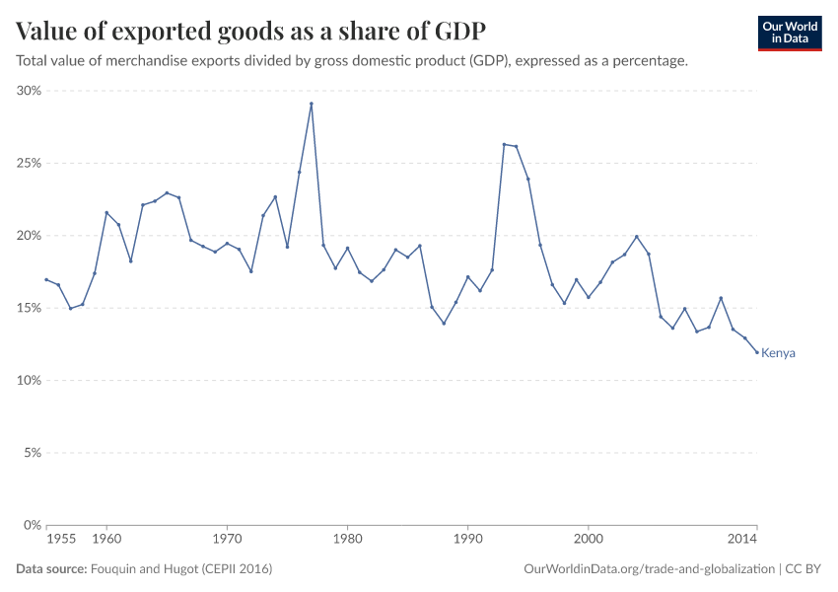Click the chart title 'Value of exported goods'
coord(250,30)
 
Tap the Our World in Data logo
coord(789,33)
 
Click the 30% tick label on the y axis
coord(28,91)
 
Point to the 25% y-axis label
coord(28,163)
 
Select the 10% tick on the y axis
coord(28,381)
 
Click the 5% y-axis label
coord(31,453)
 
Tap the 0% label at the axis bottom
coord(31,525)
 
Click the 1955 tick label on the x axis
coord(60,540)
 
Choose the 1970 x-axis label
coord(227,540)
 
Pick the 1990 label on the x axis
coord(467,540)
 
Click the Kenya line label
coord(778,353)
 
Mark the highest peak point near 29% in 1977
coord(312,104)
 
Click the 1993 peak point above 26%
coord(504,144)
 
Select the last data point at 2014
coord(757,352)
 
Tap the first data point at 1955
coord(46,279)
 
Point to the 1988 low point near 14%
coord(444,324)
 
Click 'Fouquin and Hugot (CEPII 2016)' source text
coord(181,569)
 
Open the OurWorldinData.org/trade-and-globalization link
coord(651,569)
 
